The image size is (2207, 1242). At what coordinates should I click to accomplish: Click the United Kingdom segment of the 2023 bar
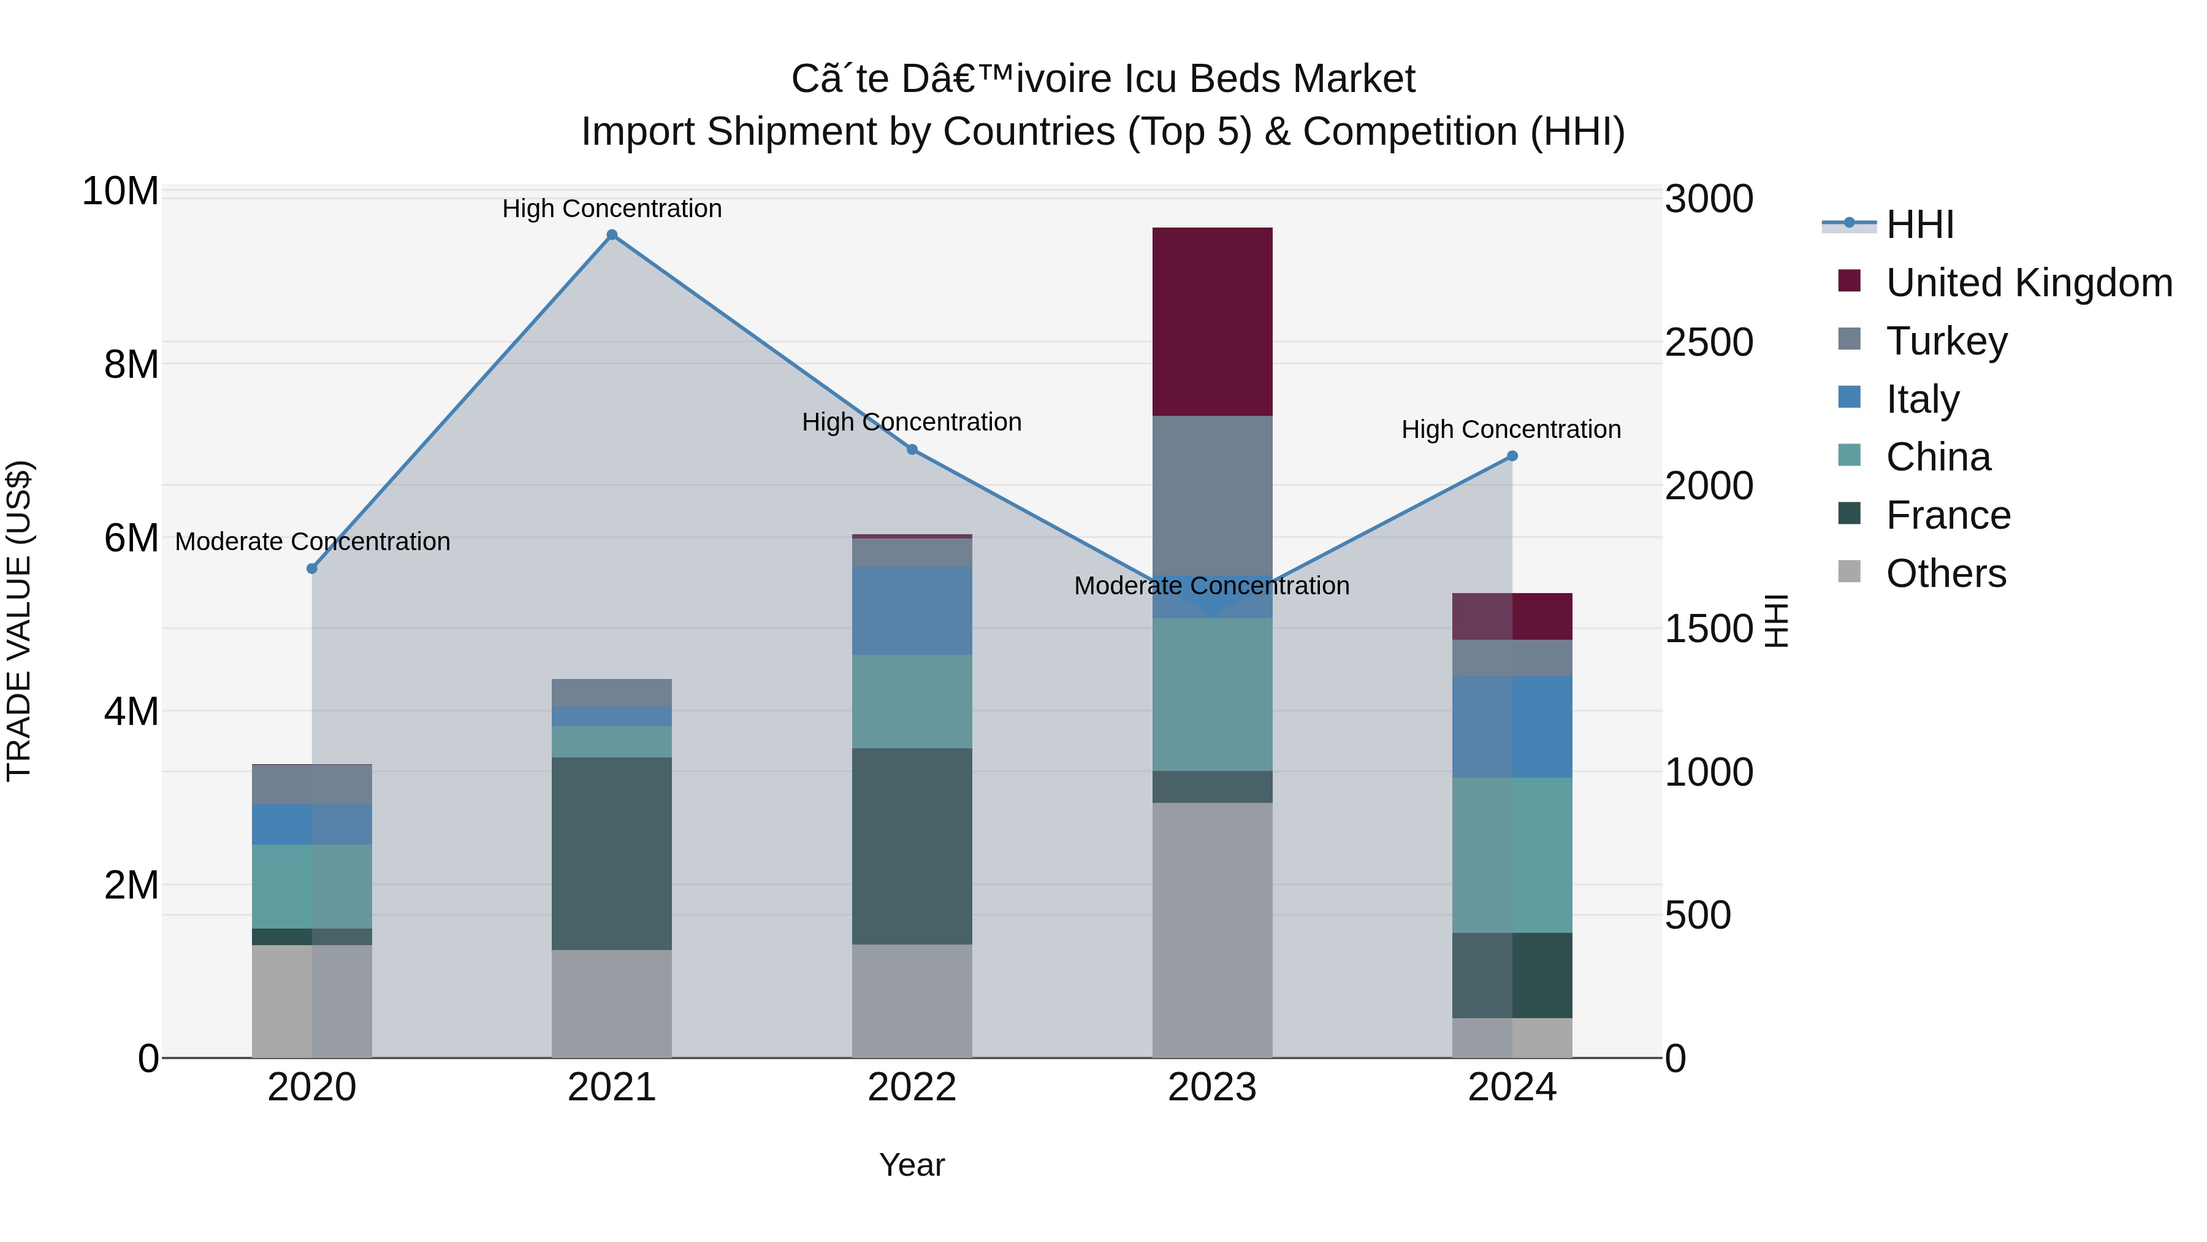[x=1211, y=321]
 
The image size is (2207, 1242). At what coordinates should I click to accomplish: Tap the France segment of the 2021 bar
[x=612, y=853]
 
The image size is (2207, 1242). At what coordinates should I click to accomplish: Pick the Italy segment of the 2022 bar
[x=912, y=610]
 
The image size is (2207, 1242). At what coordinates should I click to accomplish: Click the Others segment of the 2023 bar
[x=1211, y=930]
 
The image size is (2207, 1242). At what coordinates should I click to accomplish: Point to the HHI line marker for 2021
[x=612, y=235]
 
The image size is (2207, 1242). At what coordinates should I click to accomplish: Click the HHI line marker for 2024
[x=1512, y=456]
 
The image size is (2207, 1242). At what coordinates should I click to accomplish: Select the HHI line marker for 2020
[x=312, y=569]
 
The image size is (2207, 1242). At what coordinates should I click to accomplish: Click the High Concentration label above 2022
[x=912, y=423]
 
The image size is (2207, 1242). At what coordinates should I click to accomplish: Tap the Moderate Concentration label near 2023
[x=1211, y=586]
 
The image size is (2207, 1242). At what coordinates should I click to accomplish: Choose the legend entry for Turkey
[x=1946, y=341]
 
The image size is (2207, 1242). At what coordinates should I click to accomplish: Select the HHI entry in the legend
[x=1919, y=224]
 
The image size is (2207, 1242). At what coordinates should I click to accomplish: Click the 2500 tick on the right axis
[x=1709, y=343]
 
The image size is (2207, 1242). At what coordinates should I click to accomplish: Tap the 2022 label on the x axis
[x=912, y=1087]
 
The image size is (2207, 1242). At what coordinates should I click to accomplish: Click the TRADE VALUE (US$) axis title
[x=19, y=621]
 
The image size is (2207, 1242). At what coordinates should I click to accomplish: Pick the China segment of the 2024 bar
[x=1512, y=854]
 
